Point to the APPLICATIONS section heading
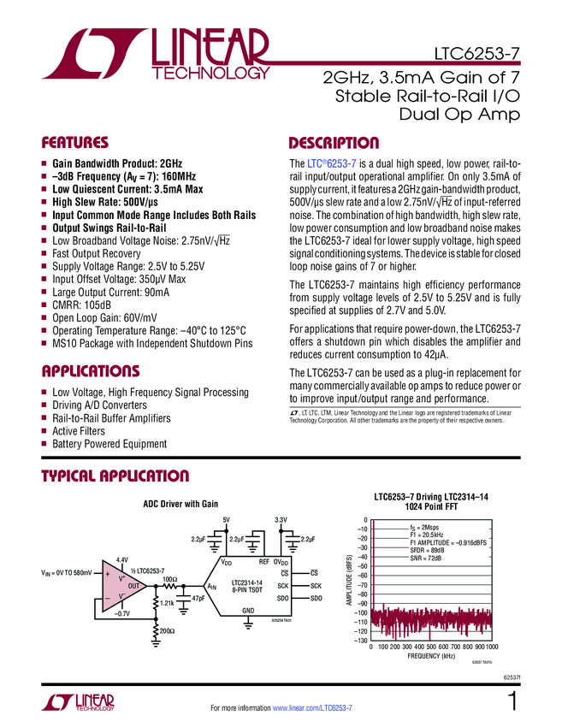[x=91, y=371]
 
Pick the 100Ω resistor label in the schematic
[x=169, y=580]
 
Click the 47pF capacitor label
[x=198, y=599]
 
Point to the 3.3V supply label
[x=281, y=519]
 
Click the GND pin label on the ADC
[x=249, y=610]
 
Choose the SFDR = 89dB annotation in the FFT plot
[x=427, y=550]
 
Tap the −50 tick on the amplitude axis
[x=361, y=566]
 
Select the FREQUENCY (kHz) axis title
[x=431, y=657]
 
